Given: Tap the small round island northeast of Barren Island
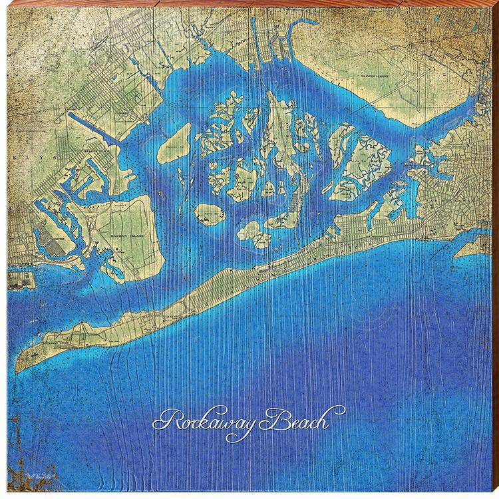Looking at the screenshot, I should (x=210, y=214).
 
